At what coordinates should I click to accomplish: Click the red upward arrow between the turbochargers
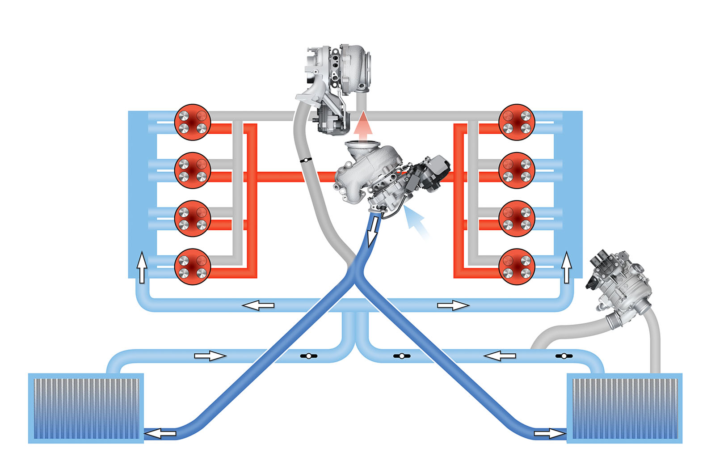pos(365,125)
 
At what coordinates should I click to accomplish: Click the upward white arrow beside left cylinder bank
pos(142,267)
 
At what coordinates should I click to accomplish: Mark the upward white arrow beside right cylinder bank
pos(567,267)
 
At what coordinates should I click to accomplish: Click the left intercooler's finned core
pos(86,408)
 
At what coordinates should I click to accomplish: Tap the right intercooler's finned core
pos(624,408)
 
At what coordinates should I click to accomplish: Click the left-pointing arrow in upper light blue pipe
pos(258,305)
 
